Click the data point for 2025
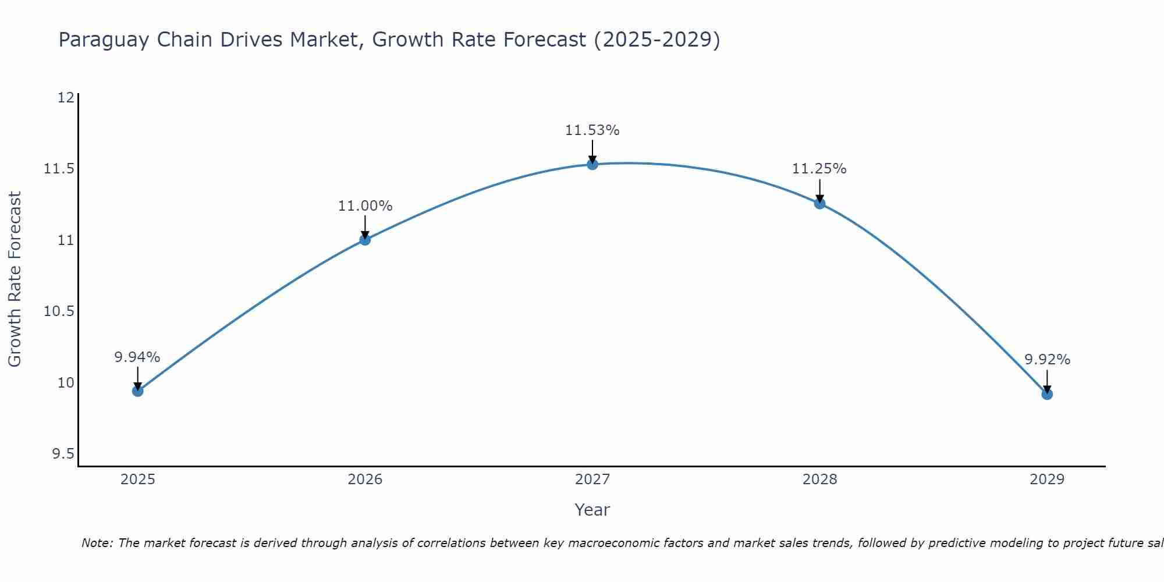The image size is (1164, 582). point(137,391)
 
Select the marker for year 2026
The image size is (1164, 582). point(365,239)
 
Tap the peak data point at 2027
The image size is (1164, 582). point(592,164)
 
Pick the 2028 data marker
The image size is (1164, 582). point(819,203)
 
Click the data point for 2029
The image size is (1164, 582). point(1047,394)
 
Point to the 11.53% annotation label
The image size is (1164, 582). point(592,130)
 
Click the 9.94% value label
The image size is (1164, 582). point(137,357)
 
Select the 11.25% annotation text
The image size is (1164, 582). point(819,169)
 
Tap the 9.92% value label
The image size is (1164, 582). point(1047,360)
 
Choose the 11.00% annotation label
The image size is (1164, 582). point(365,206)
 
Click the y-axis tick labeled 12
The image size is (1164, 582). point(66,97)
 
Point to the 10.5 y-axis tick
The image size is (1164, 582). point(59,311)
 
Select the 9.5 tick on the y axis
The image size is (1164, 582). point(63,454)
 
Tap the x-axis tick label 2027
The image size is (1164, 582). point(592,480)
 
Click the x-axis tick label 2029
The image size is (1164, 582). point(1047,480)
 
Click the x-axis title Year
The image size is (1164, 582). point(592,510)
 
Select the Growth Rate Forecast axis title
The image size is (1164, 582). point(15,279)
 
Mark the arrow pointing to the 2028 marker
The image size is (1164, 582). point(819,191)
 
